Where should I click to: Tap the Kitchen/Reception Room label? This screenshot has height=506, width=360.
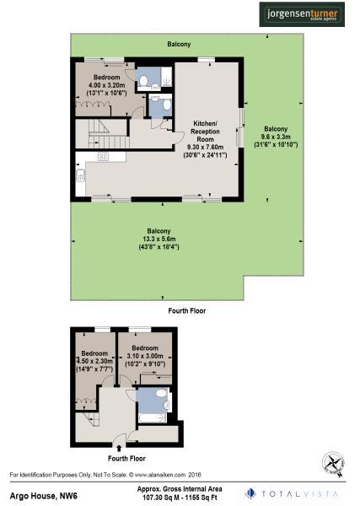(x=203, y=137)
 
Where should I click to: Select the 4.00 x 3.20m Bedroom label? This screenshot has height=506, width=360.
(x=107, y=85)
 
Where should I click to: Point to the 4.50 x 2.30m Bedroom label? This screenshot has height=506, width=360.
(x=94, y=361)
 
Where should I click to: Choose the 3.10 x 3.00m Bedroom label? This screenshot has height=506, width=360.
(x=145, y=355)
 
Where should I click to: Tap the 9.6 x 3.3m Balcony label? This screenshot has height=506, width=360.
(x=275, y=137)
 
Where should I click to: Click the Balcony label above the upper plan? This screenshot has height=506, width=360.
(x=179, y=44)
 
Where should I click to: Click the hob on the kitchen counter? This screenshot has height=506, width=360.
(x=103, y=157)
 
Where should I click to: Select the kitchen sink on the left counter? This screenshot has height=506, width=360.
(x=80, y=176)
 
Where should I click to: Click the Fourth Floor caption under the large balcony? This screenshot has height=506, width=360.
(x=187, y=310)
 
